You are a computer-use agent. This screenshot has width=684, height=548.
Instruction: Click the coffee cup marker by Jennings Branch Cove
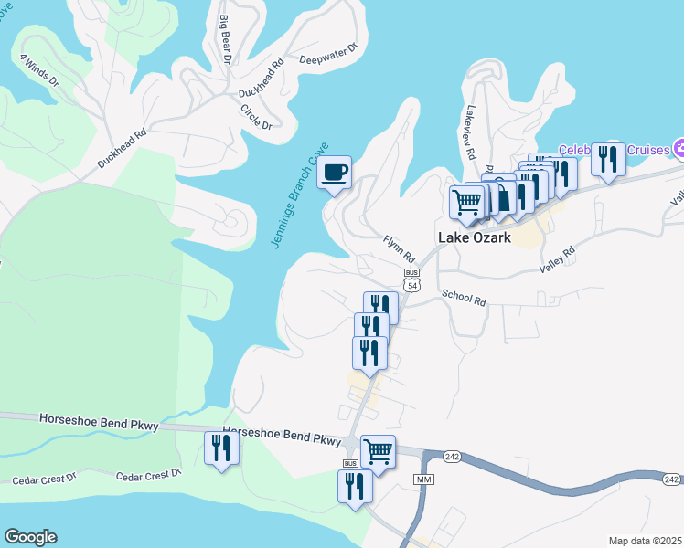(x=334, y=171)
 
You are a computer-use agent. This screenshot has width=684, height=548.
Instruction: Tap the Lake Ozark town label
(x=475, y=236)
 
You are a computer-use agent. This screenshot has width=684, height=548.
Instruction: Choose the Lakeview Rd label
(x=472, y=126)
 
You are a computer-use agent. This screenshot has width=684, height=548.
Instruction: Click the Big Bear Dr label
(x=223, y=37)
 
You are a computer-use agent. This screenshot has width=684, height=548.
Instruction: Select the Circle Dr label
(x=256, y=116)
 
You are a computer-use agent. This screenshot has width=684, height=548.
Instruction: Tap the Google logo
(x=30, y=537)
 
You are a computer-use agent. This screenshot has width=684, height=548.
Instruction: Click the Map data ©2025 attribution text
(x=646, y=540)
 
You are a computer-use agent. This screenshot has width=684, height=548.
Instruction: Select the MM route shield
(x=422, y=479)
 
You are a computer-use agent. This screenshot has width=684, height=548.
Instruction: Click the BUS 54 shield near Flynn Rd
(x=411, y=279)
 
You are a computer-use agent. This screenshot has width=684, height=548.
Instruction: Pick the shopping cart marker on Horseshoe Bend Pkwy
(x=378, y=450)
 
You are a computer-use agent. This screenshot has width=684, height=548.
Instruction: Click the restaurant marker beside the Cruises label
(x=608, y=158)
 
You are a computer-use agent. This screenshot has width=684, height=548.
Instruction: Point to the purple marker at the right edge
(x=679, y=148)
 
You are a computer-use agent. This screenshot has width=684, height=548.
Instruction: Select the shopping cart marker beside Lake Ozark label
(x=467, y=201)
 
